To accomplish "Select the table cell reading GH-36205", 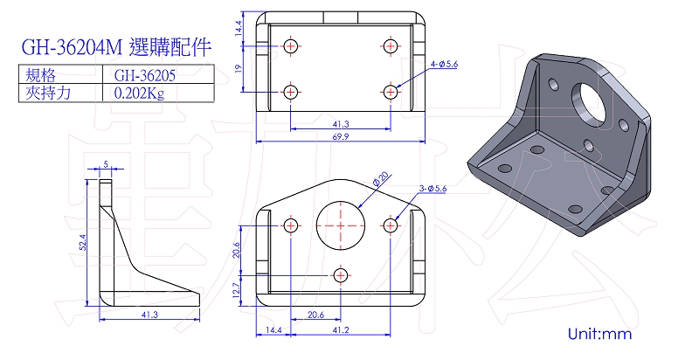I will click(144, 76).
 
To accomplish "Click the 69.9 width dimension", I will click(340, 136).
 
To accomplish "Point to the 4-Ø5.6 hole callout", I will click(445, 65).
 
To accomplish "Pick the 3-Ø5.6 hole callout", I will click(433, 188).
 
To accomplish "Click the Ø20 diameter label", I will click(381, 179).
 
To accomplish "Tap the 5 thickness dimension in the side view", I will click(105, 163).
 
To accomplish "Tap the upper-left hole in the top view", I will click(291, 45).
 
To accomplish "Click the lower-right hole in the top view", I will click(390, 91).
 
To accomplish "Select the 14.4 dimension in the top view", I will click(239, 29).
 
